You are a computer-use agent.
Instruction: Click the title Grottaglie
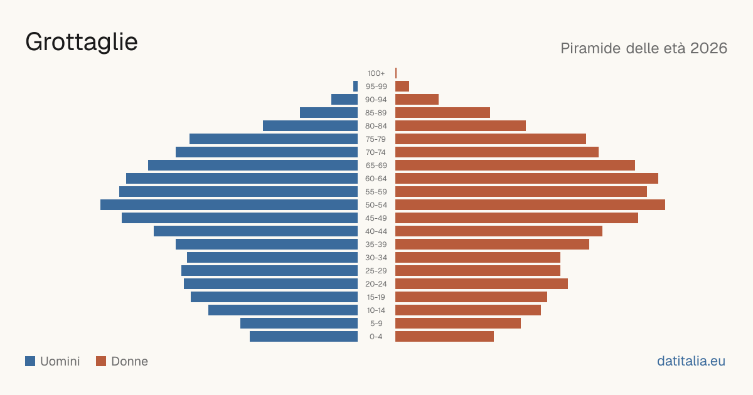coord(82,43)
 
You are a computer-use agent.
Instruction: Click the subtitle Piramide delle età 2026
coord(644,48)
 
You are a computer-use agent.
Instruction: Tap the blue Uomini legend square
coord(30,361)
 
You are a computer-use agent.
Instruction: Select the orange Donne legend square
coord(101,361)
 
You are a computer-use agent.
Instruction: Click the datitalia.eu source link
coord(691,361)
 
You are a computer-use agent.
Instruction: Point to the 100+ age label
coord(376,73)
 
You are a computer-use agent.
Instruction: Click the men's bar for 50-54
coord(229,205)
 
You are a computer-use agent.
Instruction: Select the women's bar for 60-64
coord(526,178)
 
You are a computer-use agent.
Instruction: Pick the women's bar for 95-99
coord(402,87)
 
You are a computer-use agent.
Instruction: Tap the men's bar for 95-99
coord(355,87)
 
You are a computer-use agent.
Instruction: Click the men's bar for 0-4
coord(304,337)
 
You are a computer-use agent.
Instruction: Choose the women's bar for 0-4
coord(444,337)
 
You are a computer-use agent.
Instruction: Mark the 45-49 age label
coord(376,218)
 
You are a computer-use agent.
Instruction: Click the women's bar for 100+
coord(396,73)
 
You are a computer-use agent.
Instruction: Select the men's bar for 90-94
coord(344,100)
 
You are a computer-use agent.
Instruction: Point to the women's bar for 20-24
coord(481,284)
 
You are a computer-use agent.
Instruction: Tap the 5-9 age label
coord(376,324)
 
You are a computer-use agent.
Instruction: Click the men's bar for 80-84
coord(310,126)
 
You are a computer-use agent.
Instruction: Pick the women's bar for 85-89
coord(443,112)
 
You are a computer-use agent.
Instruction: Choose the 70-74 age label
coord(376,152)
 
